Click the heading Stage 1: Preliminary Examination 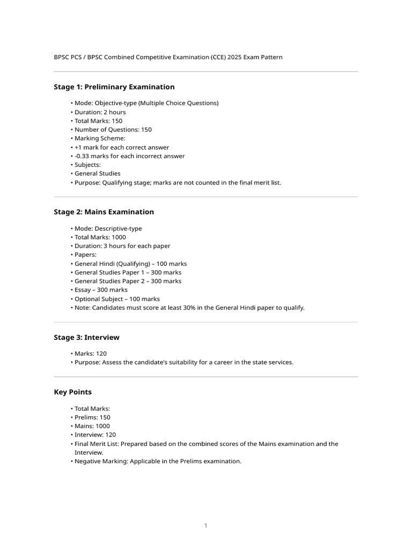[114, 87]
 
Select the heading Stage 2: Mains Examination [104, 212]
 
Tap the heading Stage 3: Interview [86, 337]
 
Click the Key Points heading [72, 392]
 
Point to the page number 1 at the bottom [205, 525]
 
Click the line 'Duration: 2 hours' [100, 112]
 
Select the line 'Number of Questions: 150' [113, 130]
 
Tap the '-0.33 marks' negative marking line [129, 156]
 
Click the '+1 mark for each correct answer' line [121, 147]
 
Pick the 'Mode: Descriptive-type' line [108, 228]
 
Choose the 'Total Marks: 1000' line [100, 237]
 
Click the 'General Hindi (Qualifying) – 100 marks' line [130, 264]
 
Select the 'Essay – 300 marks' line [101, 290]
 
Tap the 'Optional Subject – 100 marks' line [117, 299]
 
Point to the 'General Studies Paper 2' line [128, 281]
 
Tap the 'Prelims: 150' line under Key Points [92, 417]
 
